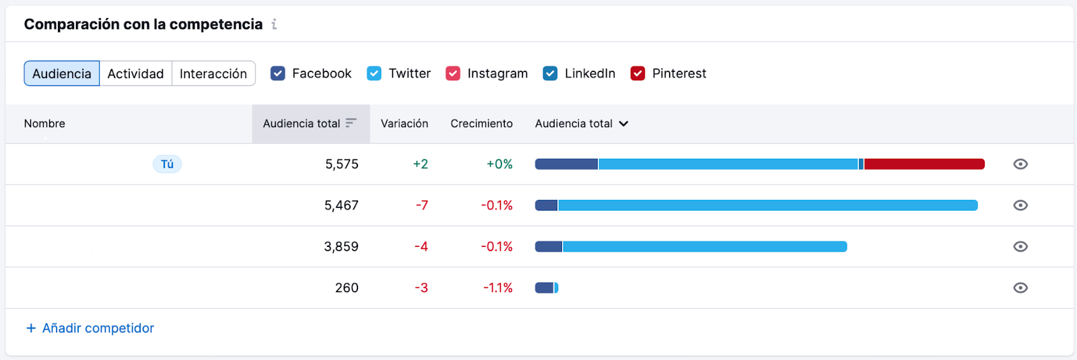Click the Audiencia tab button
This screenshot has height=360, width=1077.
[62, 73]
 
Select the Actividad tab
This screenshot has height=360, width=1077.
[135, 73]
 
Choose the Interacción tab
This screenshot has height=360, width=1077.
[213, 73]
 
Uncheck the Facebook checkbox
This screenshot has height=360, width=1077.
[278, 73]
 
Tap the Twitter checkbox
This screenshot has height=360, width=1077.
[374, 73]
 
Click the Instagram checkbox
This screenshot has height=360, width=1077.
[453, 73]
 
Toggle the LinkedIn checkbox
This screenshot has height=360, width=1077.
[550, 73]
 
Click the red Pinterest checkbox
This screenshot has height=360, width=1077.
[637, 73]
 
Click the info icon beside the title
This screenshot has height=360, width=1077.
[274, 24]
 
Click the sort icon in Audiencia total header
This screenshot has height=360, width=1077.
[351, 123]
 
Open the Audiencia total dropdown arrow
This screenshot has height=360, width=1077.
[623, 124]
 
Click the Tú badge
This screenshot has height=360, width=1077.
[167, 164]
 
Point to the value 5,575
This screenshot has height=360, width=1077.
[341, 164]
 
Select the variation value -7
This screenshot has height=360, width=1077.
[421, 205]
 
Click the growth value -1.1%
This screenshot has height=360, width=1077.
[497, 288]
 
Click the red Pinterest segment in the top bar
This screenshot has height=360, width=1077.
[924, 164]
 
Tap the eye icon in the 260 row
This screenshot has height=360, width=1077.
[1020, 288]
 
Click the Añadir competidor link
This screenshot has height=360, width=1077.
[90, 328]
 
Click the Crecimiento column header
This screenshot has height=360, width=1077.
[481, 124]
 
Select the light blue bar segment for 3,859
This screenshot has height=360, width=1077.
[704, 247]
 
